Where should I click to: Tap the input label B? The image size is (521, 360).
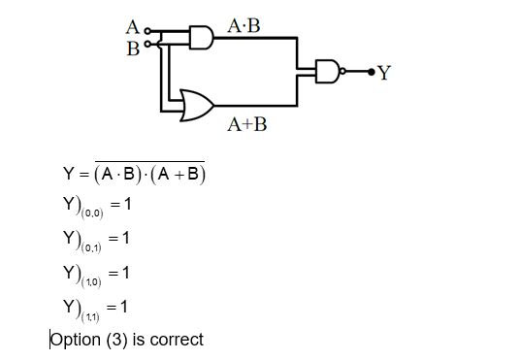click(x=132, y=47)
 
